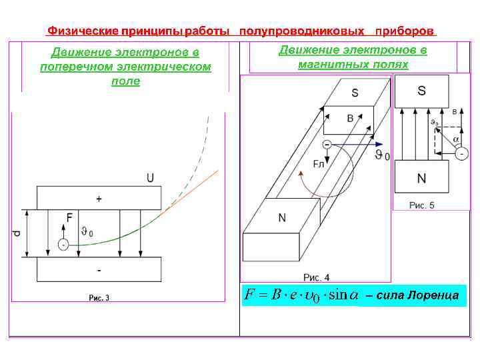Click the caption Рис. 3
(99, 297)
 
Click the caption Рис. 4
(317, 277)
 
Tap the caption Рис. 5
(421, 205)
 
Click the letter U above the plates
(150, 177)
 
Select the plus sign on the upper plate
(99, 199)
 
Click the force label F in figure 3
(69, 217)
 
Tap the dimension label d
(17, 233)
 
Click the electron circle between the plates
(63, 245)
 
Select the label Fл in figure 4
(319, 164)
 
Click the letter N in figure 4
(282, 218)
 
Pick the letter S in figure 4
(355, 93)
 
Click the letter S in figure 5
(421, 90)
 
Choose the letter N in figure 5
(421, 179)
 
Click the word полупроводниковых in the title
(301, 31)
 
